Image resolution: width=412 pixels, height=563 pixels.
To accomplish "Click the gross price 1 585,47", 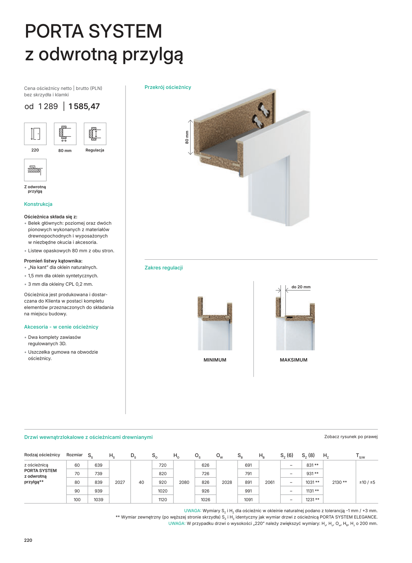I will point(84,106).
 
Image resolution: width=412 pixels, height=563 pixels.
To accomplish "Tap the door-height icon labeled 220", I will point(35,134).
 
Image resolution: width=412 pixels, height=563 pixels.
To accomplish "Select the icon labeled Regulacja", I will point(95,134).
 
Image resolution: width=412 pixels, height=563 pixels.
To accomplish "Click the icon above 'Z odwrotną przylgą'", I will point(35,170).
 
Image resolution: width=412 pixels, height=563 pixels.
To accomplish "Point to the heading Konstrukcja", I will point(38,204).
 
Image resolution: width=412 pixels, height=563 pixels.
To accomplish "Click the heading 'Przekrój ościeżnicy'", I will point(168,87).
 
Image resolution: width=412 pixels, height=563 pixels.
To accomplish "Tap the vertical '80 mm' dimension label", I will point(187,137).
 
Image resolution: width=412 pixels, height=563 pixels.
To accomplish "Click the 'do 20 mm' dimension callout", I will point(301,287).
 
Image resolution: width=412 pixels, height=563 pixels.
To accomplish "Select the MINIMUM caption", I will point(215,360).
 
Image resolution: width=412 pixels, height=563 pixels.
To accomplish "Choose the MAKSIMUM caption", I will point(294,360).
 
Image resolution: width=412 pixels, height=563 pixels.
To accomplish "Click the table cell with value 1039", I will point(98,500).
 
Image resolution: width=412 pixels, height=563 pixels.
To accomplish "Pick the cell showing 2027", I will point(120,482).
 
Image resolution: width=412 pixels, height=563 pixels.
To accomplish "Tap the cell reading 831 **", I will point(312,465).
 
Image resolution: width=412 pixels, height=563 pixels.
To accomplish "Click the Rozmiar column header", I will point(74,455).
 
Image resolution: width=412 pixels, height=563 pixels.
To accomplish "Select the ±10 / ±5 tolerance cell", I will point(367,482).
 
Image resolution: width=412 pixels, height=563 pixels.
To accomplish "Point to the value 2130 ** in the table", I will point(339,482).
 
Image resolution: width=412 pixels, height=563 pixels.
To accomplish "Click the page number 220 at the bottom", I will point(28,540).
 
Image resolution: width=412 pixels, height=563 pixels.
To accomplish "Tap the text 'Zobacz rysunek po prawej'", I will point(351,436).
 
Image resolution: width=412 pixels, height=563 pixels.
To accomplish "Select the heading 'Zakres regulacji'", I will point(164,267).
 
